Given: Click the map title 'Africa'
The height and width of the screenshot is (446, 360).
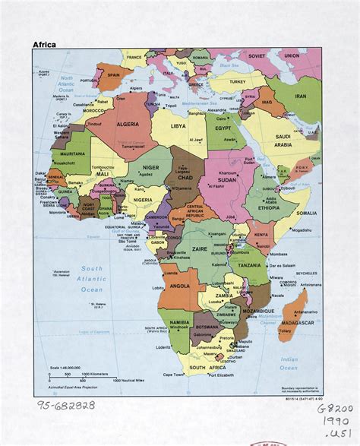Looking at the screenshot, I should click(x=43, y=44).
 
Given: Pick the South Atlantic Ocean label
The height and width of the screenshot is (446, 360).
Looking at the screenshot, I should click(x=92, y=279).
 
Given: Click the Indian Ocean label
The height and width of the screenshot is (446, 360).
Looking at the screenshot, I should click(x=289, y=362).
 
